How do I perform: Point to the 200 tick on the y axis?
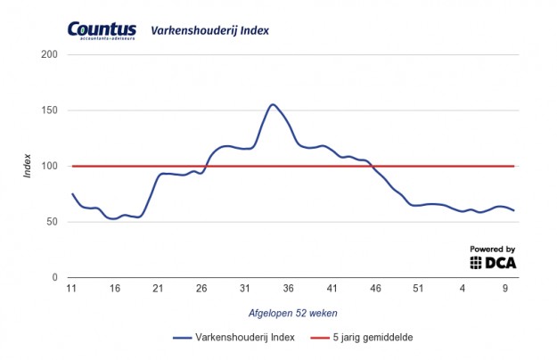[x=50, y=55]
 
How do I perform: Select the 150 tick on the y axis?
[x=50, y=110]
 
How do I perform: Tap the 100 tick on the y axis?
[x=50, y=167]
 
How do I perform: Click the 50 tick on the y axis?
[x=53, y=222]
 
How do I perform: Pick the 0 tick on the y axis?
[x=55, y=278]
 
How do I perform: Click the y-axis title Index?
[x=28, y=167]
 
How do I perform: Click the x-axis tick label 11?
[x=71, y=288]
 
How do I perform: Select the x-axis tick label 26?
[x=201, y=288]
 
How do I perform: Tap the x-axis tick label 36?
[x=288, y=288]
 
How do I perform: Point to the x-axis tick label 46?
[x=375, y=288]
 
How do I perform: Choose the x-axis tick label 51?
[x=419, y=288]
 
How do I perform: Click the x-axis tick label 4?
[x=463, y=288]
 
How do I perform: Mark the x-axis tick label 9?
[x=505, y=288]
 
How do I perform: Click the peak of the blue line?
[x=273, y=104]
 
